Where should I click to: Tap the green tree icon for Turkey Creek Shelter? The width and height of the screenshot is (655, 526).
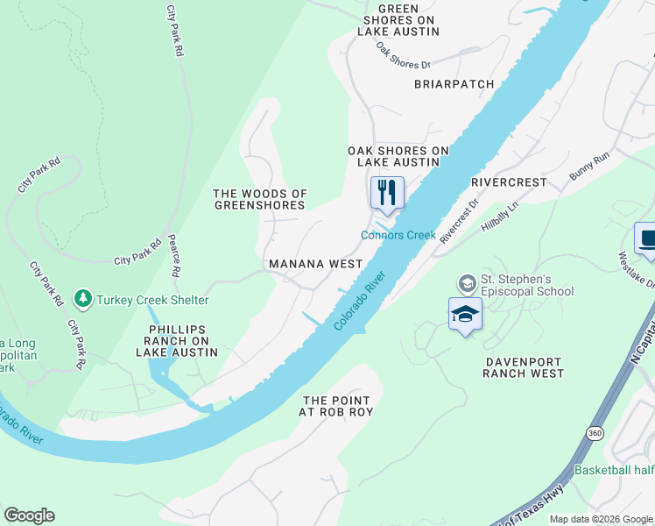tap(84, 300)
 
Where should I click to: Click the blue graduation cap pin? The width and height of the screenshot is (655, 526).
tap(465, 315)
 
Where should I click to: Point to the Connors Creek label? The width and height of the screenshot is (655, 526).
tap(398, 235)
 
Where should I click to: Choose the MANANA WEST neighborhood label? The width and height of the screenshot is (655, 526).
tap(315, 264)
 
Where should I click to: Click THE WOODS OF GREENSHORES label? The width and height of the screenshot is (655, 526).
tap(260, 199)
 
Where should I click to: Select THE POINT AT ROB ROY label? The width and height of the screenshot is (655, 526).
tap(338, 405)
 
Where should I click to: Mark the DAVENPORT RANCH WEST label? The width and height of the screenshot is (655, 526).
tap(524, 366)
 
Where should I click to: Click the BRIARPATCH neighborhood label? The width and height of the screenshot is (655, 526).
tap(454, 84)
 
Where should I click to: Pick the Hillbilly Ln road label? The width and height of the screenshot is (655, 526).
tap(500, 217)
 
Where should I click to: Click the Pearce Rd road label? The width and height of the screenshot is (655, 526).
tap(173, 255)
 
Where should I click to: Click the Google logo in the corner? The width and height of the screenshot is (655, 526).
tap(29, 515)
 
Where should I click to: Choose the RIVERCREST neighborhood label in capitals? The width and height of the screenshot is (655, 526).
tap(508, 182)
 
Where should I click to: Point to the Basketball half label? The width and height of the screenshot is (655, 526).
tap(614, 471)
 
